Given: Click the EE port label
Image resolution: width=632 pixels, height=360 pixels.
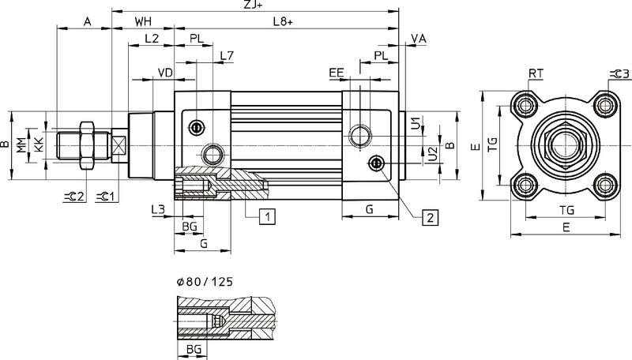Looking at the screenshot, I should [x=337, y=73].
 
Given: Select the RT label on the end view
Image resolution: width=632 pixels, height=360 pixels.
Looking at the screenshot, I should [x=535, y=73].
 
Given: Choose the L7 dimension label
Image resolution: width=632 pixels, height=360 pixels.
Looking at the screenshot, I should [x=226, y=55].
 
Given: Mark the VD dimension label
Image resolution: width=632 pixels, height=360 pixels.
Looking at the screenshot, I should [x=165, y=73].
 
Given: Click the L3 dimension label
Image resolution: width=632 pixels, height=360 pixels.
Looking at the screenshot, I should [x=157, y=210].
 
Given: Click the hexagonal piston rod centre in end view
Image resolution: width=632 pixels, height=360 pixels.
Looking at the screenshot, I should [x=564, y=145].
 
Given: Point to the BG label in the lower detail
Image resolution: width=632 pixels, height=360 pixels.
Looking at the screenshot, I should [x=192, y=348].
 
